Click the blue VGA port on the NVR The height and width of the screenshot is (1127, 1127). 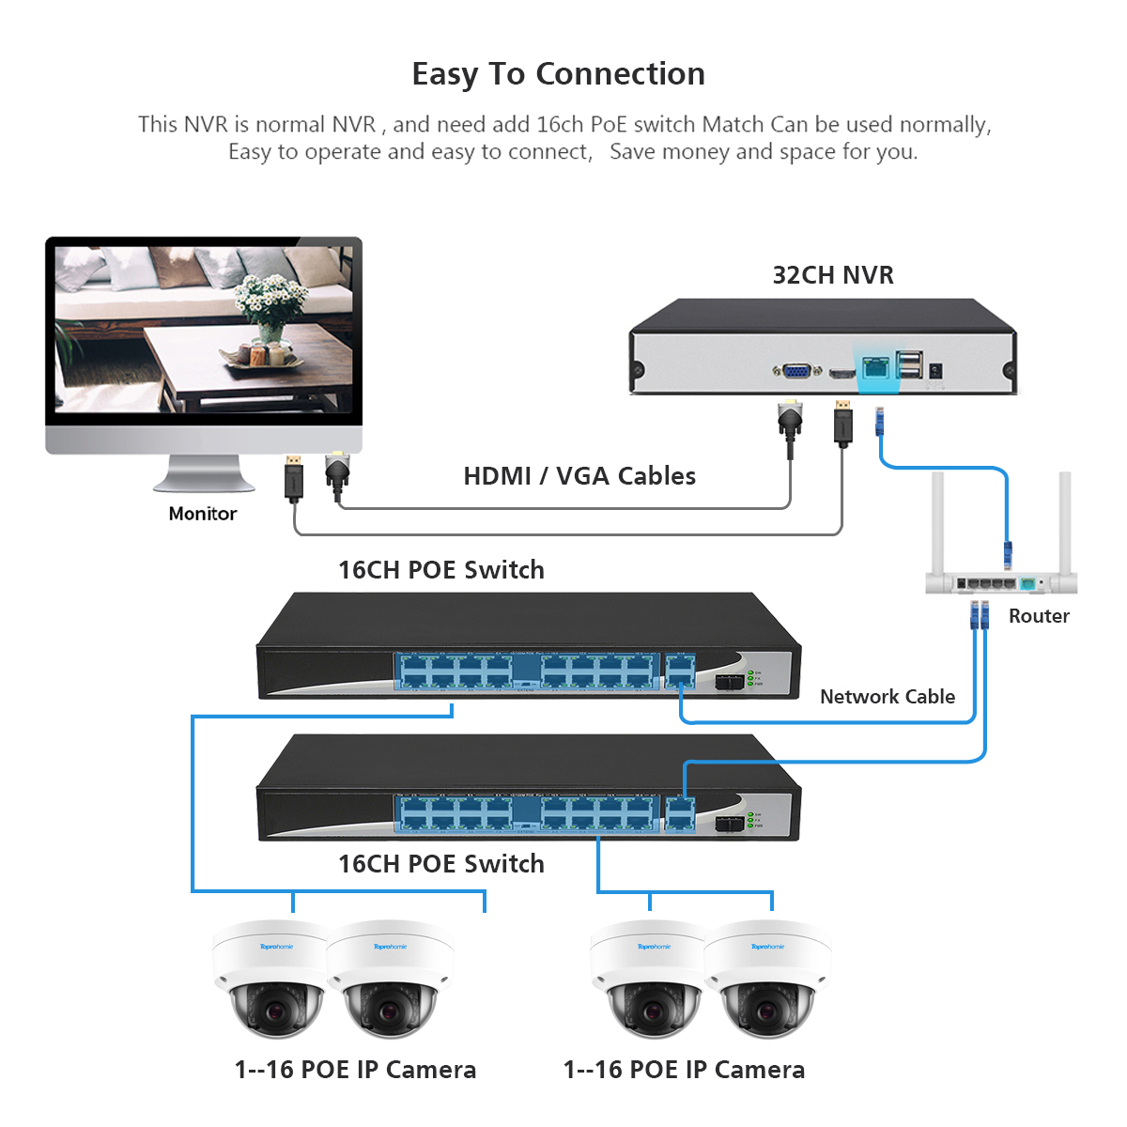tap(796, 371)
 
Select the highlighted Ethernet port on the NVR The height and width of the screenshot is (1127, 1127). tap(875, 367)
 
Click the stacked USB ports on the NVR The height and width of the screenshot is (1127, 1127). tap(909, 364)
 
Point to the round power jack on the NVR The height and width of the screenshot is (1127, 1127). tap(935, 371)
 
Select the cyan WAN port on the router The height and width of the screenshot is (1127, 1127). tap(1027, 584)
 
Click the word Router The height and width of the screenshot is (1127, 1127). tap(1039, 616)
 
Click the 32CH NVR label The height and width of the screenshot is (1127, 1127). tap(833, 275)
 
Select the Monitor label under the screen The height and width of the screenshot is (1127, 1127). tap(203, 514)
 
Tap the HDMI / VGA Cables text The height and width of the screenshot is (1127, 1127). tap(579, 476)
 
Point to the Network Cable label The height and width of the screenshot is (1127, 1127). tap(887, 697)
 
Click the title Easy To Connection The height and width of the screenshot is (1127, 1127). tap(559, 74)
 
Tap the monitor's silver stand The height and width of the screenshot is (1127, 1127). tap(204, 474)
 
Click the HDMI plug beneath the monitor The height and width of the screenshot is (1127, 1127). tap(295, 479)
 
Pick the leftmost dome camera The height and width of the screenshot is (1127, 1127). tap(271, 981)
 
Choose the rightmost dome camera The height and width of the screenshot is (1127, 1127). tap(767, 981)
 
